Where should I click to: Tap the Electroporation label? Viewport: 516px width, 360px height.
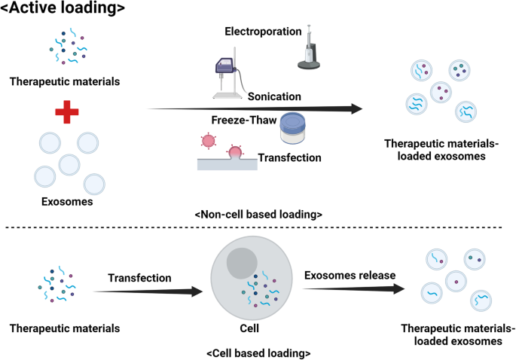point(264,32)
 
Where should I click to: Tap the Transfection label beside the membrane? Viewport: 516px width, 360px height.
point(289,157)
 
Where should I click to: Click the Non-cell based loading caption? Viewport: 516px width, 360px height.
point(258,215)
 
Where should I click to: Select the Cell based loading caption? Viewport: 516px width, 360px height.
point(258,352)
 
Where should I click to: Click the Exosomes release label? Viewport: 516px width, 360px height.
point(350,275)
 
